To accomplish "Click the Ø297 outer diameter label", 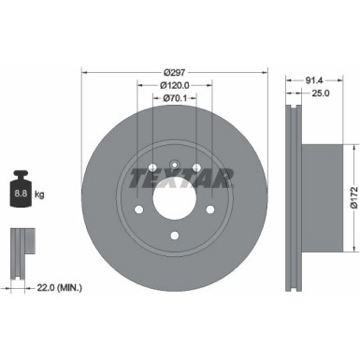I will click(x=173, y=72).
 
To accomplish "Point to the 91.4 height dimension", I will click(x=302, y=81).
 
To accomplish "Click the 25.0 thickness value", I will click(x=302, y=95).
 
